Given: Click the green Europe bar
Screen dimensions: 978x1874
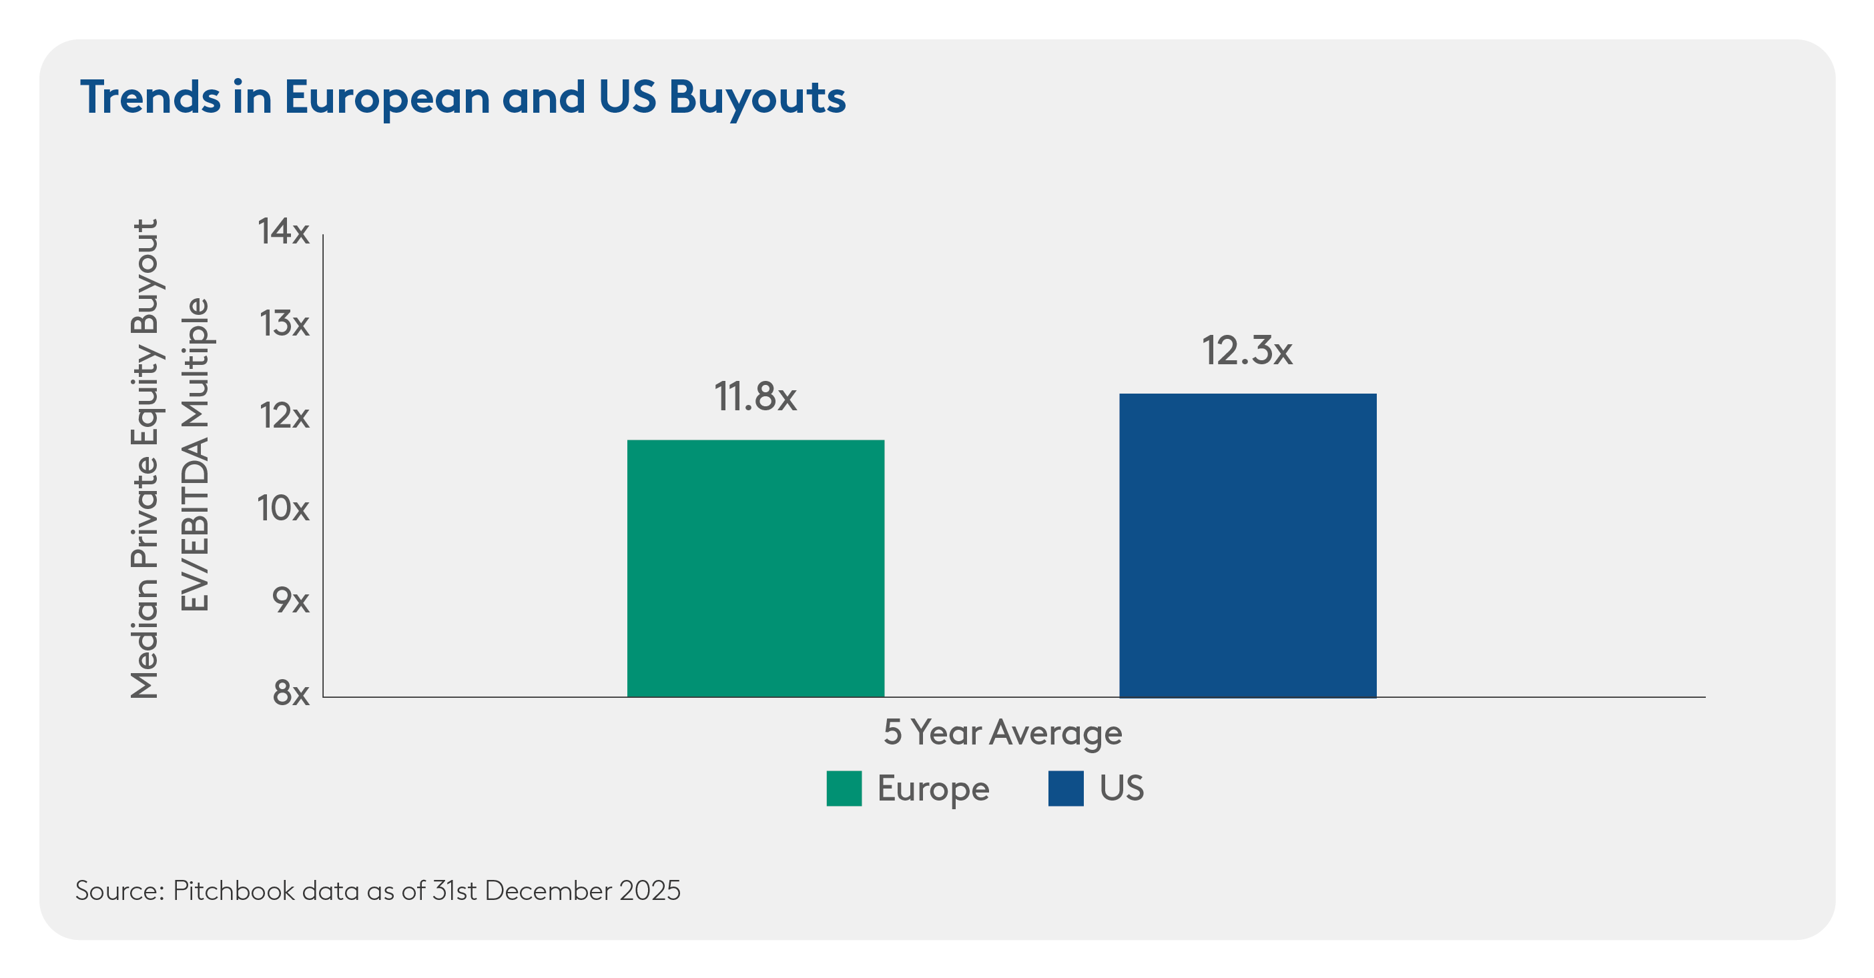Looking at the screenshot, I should [x=755, y=568].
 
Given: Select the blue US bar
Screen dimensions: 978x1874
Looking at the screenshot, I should [x=1247, y=544].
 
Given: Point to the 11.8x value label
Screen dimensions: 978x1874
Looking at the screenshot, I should [x=755, y=397].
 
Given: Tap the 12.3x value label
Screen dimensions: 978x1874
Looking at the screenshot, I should [x=1247, y=351].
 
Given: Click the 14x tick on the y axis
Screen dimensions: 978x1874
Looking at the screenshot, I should [x=283, y=232].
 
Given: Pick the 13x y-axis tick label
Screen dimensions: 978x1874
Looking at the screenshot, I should [x=284, y=324].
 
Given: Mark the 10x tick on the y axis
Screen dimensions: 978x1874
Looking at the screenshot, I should [x=283, y=508].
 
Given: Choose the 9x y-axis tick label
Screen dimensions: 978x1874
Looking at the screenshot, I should [x=290, y=600].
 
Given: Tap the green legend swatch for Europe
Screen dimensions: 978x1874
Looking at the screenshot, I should [x=844, y=789].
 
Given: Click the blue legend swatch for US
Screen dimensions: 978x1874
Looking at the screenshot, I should [x=1066, y=789].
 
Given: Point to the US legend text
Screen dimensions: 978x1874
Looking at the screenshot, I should [x=1121, y=789].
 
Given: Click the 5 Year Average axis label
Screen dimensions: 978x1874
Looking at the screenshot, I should [x=1002, y=733].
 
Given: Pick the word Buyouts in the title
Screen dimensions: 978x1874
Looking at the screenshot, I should [x=757, y=97].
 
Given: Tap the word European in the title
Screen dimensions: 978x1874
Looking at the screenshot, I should [x=387, y=97].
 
